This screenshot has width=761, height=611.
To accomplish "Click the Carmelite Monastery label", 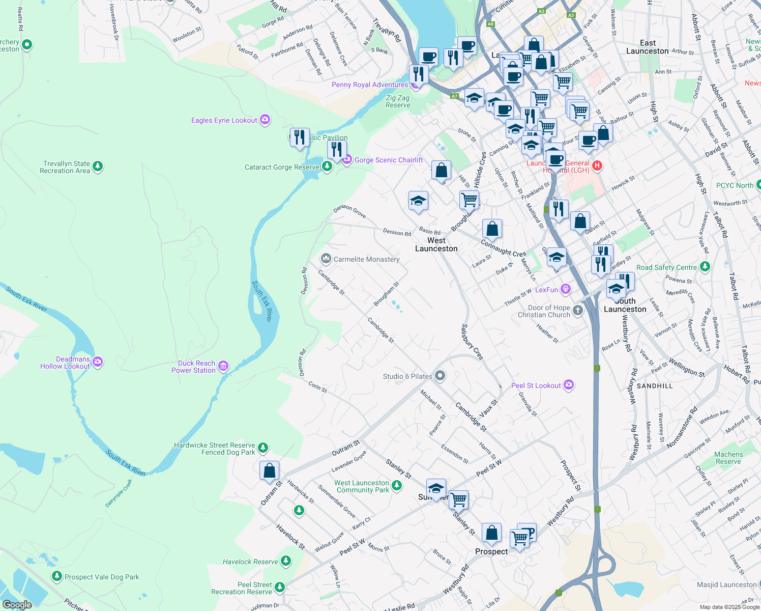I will click(x=366, y=259).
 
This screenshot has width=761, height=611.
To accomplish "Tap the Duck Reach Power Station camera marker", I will click(x=223, y=366).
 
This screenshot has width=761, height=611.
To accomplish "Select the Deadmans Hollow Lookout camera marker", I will click(x=98, y=362).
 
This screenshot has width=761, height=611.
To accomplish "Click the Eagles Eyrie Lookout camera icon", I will click(x=265, y=120).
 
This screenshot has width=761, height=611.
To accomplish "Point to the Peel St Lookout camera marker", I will click(x=569, y=385).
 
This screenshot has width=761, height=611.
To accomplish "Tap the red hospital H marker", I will click(x=597, y=165).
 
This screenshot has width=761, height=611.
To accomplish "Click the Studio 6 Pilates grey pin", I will click(x=440, y=376).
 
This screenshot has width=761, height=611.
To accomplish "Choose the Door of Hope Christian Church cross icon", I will click(x=577, y=310).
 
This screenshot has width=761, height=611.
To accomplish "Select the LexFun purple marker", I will click(x=565, y=289).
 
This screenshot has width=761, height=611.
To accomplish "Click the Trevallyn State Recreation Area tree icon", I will click(x=98, y=166).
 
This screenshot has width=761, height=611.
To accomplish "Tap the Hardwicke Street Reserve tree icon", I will click(x=262, y=448).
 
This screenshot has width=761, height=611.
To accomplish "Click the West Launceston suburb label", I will click(x=436, y=244).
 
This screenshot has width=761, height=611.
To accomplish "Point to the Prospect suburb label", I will click(x=491, y=551).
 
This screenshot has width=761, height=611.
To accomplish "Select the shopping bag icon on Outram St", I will click(x=269, y=470).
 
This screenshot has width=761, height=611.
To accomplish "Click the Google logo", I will click(x=17, y=604).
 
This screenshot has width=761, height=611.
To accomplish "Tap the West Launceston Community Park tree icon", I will click(x=397, y=486).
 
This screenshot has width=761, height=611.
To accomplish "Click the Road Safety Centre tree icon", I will click(x=705, y=266).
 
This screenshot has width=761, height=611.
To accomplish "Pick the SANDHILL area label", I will click(x=655, y=386).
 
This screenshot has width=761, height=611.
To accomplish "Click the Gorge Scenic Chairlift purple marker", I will click(x=347, y=160).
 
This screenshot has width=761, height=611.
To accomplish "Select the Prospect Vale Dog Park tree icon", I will click(x=57, y=576).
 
